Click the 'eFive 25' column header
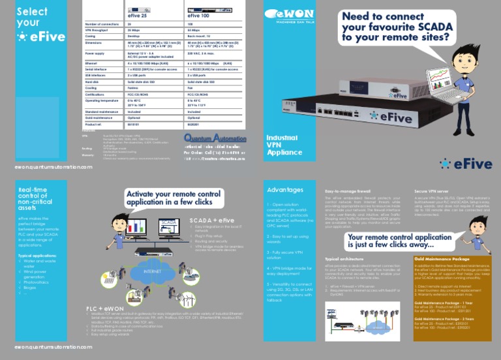(x=138, y=14)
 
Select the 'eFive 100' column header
(x=199, y=14)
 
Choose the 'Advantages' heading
(x=285, y=190)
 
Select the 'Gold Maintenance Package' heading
(x=442, y=259)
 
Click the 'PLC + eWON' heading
(x=105, y=308)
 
